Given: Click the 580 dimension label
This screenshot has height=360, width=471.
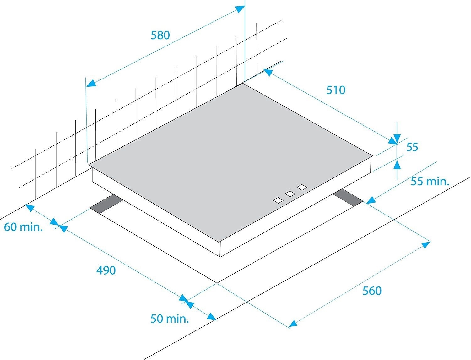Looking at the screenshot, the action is point(160,35).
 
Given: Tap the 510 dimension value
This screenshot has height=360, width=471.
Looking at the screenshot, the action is point(336,90).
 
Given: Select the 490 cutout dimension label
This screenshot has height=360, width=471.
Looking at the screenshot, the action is point(106,270).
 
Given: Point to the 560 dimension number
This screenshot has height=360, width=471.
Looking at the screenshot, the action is point(372,291).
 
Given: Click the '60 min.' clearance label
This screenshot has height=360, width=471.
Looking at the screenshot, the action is point(23,227).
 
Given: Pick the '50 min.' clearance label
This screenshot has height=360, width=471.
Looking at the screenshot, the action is point(170,319).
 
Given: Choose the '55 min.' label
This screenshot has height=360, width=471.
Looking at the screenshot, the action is point(430,181).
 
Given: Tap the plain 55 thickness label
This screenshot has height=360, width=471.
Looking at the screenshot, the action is point(412,147).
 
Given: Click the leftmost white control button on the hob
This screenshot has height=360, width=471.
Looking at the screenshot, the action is point(278,200).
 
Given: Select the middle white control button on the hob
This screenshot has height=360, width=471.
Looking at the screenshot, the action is point(290,194).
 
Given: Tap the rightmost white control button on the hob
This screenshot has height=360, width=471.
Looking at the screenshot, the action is point(302,187).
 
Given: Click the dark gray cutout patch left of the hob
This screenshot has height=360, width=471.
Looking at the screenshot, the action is point(106,204).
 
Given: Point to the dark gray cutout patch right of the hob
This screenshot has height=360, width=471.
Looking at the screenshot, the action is point(348,198).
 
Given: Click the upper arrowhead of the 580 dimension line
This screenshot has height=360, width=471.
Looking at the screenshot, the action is point(240,9).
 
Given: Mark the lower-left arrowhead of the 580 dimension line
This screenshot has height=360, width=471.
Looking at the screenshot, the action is point(91,83).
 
